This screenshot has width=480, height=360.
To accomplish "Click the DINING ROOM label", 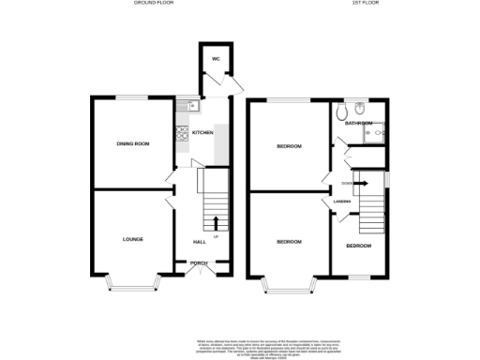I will pyautogui.click(x=132, y=143).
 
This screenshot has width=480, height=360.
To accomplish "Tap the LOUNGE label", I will pyautogui.click(x=132, y=239).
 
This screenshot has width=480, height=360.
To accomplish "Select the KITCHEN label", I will pyautogui.click(x=202, y=133).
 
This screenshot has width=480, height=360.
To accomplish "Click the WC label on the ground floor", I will pyautogui.click(x=215, y=58).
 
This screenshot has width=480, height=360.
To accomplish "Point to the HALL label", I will pyautogui.click(x=199, y=242).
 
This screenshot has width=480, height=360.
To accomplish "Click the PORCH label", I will pyautogui.click(x=199, y=263).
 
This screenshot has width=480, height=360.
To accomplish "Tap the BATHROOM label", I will pyautogui.click(x=359, y=123).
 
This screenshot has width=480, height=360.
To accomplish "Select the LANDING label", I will pyautogui.click(x=342, y=201).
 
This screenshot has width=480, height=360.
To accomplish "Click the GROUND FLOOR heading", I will pyautogui.click(x=155, y=4).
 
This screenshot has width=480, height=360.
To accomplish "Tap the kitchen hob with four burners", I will pyautogui.click(x=181, y=134).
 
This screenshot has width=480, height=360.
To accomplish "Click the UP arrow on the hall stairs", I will pyautogui.click(x=217, y=223).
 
